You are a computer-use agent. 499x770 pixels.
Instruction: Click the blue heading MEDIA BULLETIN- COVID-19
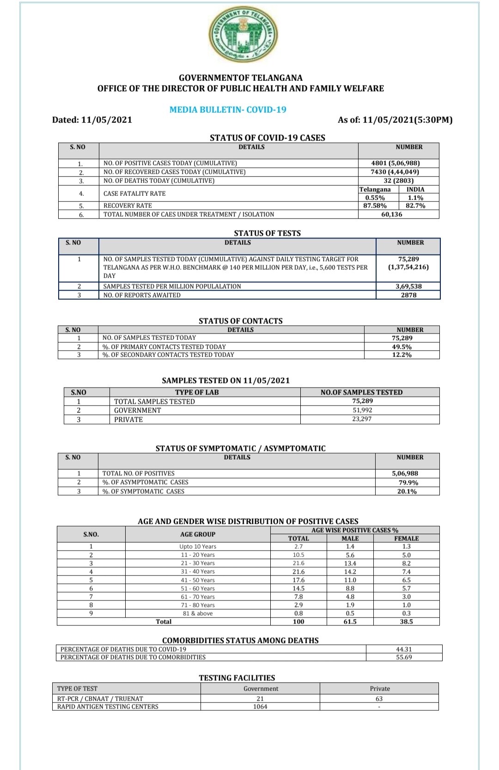tap(228, 109)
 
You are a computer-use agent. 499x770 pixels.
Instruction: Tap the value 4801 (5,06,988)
tap(396, 163)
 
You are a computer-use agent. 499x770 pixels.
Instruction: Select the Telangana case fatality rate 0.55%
tap(375, 198)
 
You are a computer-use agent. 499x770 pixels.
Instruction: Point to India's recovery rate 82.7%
tap(415, 206)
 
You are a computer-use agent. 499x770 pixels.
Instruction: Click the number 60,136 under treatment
tap(391, 214)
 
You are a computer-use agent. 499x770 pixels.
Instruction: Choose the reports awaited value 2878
tap(408, 295)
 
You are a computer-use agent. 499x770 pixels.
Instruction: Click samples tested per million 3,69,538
tap(408, 286)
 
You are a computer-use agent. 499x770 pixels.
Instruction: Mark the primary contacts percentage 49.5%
tap(402, 346)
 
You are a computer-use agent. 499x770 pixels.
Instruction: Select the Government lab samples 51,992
tap(362, 410)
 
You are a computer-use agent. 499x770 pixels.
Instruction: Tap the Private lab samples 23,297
tap(362, 419)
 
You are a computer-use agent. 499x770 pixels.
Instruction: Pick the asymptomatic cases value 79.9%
tap(408, 482)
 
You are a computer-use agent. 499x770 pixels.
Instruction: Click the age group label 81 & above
tap(198, 613)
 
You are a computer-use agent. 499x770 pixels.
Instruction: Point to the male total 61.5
tap(350, 622)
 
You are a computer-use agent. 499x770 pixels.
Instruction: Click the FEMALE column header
tap(406, 538)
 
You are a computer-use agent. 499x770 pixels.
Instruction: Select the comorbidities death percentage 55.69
tap(404, 657)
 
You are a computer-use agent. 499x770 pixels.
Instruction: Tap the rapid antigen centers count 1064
tap(260, 707)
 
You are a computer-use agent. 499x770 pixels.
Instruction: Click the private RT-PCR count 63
tap(379, 699)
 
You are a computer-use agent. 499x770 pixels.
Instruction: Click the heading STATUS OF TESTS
tap(267, 233)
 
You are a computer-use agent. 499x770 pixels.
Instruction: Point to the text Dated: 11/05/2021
tap(92, 120)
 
